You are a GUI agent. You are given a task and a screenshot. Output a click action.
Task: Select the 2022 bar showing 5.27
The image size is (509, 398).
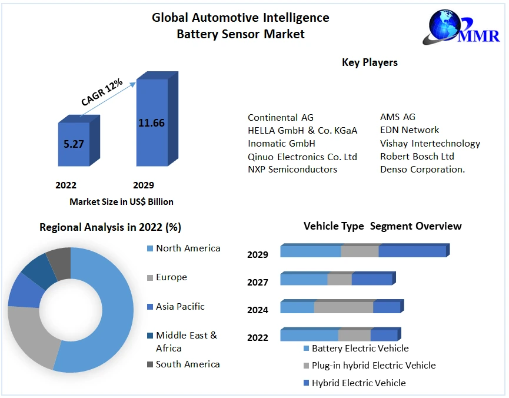74,144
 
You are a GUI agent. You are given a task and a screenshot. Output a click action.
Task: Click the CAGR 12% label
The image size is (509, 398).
102,92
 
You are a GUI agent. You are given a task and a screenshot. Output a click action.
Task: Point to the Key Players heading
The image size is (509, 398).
370,62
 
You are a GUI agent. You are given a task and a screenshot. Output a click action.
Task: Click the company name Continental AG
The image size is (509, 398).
281,118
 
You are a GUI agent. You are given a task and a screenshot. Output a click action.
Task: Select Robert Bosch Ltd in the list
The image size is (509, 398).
417,157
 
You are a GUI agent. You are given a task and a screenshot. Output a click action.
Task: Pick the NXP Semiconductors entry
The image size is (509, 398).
292,170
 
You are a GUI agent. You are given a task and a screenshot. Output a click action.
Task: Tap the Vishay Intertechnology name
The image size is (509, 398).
430,144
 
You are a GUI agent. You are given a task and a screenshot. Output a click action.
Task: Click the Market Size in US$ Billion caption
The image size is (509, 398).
121,202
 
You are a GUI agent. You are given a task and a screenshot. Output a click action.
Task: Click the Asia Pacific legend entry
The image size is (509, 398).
180,307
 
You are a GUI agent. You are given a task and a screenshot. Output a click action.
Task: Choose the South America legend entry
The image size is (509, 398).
188,364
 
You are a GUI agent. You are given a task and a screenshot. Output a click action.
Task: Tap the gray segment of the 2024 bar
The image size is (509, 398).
344,307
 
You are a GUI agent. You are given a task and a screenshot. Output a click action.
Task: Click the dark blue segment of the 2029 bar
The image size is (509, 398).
412,251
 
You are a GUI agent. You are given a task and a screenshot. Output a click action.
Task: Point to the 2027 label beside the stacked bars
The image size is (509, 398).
258,283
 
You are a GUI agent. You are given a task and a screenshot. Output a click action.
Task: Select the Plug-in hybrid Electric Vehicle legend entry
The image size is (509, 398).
374,366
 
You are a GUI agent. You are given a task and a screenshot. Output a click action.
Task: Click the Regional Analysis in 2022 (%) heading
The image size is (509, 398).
110,227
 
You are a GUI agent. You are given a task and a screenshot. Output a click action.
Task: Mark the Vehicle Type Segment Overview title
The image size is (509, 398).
382,226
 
